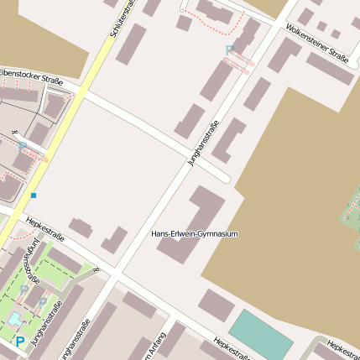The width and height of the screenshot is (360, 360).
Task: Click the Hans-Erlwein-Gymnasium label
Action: click(x=196, y=233)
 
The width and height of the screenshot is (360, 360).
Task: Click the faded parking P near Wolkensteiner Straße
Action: click(x=230, y=51)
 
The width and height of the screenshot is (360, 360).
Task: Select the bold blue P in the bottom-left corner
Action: click(x=19, y=342)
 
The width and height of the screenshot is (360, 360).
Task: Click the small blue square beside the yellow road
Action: click(x=34, y=196)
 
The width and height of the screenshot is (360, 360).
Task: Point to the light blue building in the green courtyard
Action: click(x=17, y=320)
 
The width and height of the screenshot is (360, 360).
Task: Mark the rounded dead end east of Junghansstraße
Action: click(x=225, y=177)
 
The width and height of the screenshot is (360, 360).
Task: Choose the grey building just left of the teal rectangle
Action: click(x=216, y=304)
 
